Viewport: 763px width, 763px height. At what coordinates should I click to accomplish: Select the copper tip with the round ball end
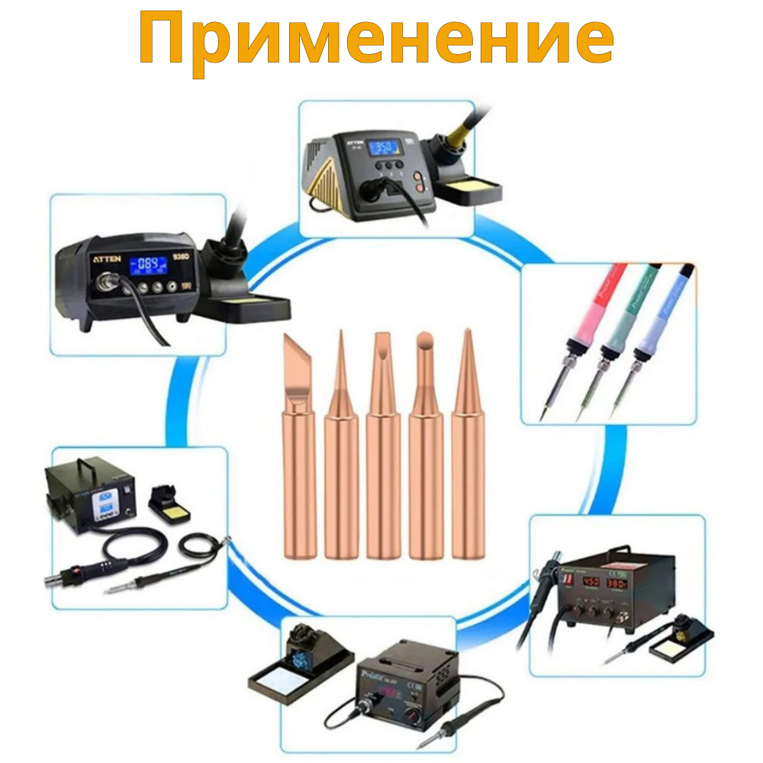(425, 443)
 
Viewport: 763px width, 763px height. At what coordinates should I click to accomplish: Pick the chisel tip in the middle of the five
(382, 443)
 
